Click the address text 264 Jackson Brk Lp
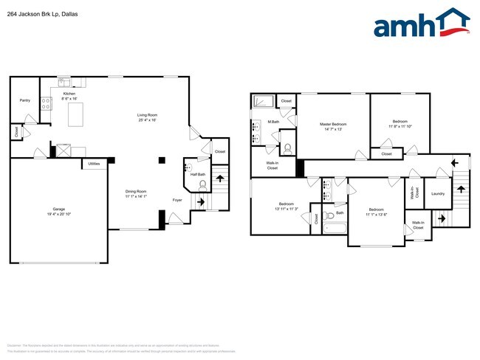pyautogui.click(x=38, y=13)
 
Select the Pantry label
pyautogui.click(x=25, y=100)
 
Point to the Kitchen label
pyautogui.click(x=69, y=94)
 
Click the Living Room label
pyautogui.click(x=147, y=115)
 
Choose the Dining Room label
pyautogui.click(x=136, y=192)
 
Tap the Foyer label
pyautogui.click(x=177, y=200)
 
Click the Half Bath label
pyautogui.click(x=197, y=174)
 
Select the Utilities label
pyautogui.click(x=94, y=164)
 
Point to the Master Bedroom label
pyautogui.click(x=333, y=124)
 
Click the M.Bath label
pyautogui.click(x=273, y=121)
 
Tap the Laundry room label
pyautogui.click(x=438, y=194)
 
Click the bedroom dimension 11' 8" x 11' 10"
pyautogui.click(x=400, y=126)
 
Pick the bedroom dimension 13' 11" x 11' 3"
pyautogui.click(x=287, y=209)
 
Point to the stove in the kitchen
pyautogui.click(x=45, y=104)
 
